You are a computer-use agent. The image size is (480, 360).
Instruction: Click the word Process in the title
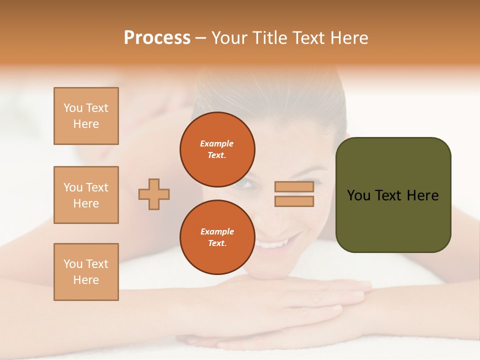pyautogui.click(x=157, y=38)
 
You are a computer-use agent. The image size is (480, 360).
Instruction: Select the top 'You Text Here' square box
pyautogui.click(x=86, y=116)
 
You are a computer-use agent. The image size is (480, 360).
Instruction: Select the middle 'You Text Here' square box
pyautogui.click(x=86, y=195)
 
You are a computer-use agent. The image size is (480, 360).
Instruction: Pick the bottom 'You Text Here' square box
pyautogui.click(x=86, y=272)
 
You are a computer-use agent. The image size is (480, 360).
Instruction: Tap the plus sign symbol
pyautogui.click(x=154, y=194)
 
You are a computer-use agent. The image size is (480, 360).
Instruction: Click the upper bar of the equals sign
pyautogui.click(x=294, y=187)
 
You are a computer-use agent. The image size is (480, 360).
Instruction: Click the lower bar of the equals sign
pyautogui.click(x=294, y=201)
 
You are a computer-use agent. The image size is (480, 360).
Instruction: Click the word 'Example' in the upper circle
pyautogui.click(x=216, y=143)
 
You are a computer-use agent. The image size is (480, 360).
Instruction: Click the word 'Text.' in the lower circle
pyautogui.click(x=217, y=243)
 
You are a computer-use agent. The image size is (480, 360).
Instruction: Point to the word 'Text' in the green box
pyautogui.click(x=389, y=195)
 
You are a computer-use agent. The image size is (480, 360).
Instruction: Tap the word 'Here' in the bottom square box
pyautogui.click(x=86, y=280)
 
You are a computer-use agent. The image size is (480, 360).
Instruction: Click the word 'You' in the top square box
pyautogui.click(x=73, y=108)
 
